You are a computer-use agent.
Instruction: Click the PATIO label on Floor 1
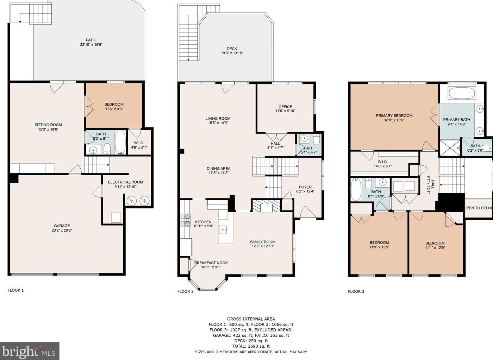[x=91, y=40]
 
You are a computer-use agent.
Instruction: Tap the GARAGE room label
[x=62, y=226]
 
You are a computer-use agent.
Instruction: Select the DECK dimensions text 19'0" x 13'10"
[x=232, y=53]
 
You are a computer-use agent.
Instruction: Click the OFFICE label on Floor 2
[x=285, y=107]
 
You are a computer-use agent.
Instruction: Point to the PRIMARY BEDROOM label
[x=394, y=116]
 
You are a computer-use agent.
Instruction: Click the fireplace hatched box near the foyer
[x=266, y=206]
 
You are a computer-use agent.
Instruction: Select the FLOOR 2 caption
[x=185, y=291]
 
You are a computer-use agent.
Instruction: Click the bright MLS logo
[x=30, y=351]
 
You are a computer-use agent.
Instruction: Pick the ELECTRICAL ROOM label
[x=125, y=182]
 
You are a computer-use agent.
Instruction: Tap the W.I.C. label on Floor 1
[x=139, y=143]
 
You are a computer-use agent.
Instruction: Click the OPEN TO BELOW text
[x=478, y=208]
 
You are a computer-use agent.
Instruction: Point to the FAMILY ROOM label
[x=263, y=242]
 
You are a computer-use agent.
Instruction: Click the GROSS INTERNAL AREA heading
[x=251, y=319]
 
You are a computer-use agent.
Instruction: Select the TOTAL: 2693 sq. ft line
[x=251, y=346]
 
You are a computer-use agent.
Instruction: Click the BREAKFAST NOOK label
[x=211, y=263]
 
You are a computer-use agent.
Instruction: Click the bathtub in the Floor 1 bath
[x=120, y=142]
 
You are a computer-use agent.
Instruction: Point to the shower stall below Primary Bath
[x=450, y=148]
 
